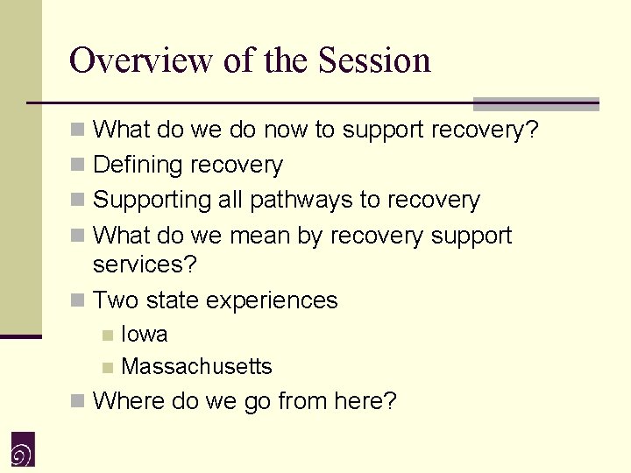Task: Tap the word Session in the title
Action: coord(374,60)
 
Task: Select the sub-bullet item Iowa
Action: coord(145,335)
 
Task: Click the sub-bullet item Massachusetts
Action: coord(196,367)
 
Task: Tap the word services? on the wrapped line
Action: coord(145,263)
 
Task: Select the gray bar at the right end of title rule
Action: coord(535,103)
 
